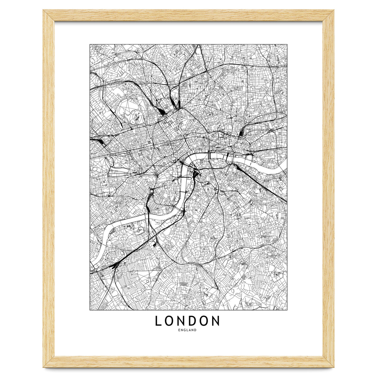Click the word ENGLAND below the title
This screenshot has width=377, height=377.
tap(187, 330)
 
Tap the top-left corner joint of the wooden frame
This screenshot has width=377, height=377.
tap(49, 15)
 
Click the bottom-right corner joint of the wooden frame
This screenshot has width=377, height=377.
tap(328, 362)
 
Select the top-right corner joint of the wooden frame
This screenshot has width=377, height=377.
tap(328, 15)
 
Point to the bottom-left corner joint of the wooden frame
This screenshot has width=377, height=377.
tap(49, 362)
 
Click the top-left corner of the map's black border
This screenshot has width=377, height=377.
tap(90, 44)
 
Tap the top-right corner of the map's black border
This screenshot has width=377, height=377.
tap(287, 44)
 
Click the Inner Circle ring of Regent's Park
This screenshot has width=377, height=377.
tap(136, 117)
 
